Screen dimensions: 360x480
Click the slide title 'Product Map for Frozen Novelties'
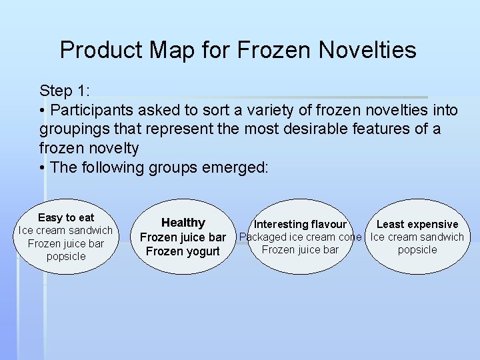238,50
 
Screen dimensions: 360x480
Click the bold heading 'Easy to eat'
66,217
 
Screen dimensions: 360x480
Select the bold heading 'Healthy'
183,223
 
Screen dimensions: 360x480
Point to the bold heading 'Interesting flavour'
300,224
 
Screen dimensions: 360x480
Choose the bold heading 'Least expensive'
417,224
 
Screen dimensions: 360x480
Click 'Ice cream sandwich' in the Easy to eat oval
66,231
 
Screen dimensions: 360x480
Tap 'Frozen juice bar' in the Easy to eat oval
66,243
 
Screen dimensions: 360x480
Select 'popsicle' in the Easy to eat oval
66,256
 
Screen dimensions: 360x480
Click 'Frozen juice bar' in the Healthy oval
183,237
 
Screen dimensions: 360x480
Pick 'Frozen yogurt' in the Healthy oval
183,251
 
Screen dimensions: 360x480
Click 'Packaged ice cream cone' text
300,237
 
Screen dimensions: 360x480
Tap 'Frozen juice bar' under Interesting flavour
300,249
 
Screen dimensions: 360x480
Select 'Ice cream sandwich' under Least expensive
417,237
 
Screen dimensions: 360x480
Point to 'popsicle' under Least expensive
417,249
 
